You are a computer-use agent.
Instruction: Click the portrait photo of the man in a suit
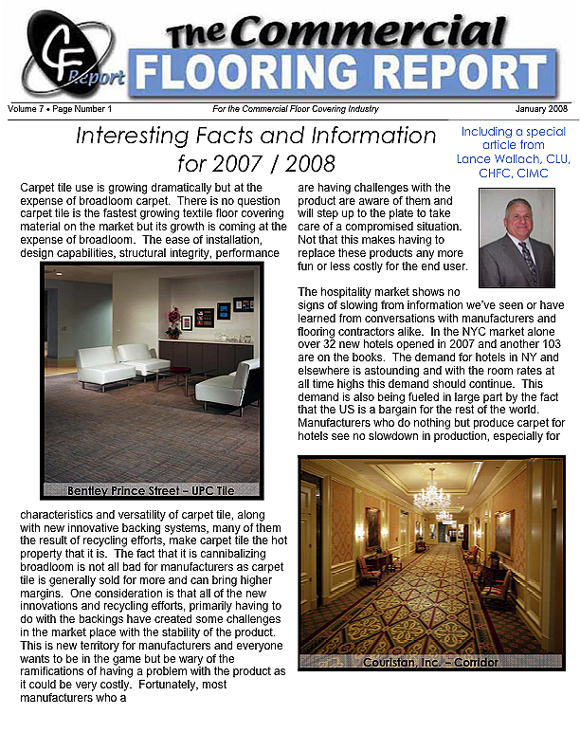click(x=517, y=238)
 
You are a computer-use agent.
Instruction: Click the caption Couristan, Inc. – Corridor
click(x=430, y=662)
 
